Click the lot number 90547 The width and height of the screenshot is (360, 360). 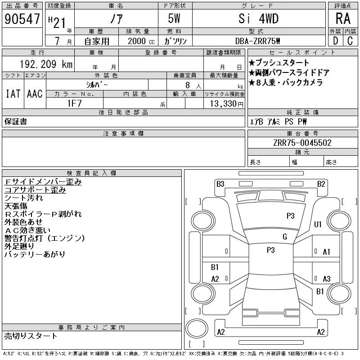(x=22, y=19)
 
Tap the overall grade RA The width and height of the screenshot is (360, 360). (x=343, y=18)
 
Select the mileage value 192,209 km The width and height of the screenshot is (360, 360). (x=46, y=64)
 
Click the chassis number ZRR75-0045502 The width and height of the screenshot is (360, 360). (x=302, y=143)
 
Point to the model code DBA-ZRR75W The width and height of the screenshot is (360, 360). (x=257, y=41)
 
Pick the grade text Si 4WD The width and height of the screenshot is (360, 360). (x=258, y=18)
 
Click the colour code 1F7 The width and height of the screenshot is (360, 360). (x=74, y=103)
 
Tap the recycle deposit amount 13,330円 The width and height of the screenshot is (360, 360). (x=226, y=103)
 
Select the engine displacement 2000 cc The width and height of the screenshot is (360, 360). (x=141, y=41)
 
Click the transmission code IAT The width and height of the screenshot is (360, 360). (x=13, y=94)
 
